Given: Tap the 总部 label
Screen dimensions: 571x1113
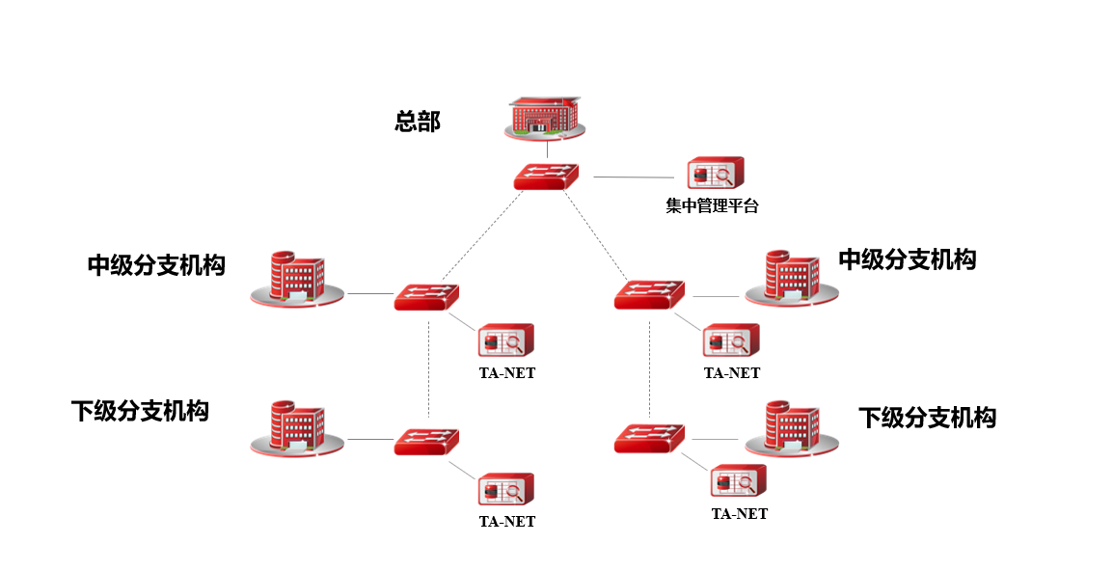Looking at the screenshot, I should click(x=418, y=122).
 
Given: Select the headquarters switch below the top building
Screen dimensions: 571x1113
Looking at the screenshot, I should click(x=546, y=176).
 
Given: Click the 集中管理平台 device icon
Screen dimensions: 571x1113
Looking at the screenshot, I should click(x=716, y=175).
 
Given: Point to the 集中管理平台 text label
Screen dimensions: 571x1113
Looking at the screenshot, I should click(x=713, y=205).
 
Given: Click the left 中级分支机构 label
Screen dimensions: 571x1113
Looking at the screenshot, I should click(x=156, y=265).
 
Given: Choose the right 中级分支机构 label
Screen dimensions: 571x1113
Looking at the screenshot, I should click(x=907, y=259).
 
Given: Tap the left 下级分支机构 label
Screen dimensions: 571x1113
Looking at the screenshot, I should click(x=140, y=411).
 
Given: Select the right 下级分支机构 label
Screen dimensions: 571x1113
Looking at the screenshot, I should click(x=927, y=417).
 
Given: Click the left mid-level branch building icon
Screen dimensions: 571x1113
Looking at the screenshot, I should click(x=297, y=279).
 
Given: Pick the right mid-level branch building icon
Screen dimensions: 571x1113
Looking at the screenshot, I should click(x=791, y=278).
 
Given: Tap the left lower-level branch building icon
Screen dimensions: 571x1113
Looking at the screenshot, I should click(x=297, y=426).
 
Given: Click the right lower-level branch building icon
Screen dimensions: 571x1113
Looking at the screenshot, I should click(x=791, y=427).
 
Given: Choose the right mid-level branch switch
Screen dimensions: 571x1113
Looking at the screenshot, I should click(x=649, y=294).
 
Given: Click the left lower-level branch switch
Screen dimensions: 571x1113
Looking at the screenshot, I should click(x=426, y=442).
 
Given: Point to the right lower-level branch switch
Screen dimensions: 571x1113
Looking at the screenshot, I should click(x=649, y=438).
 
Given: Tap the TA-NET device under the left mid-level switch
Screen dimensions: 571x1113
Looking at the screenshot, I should click(x=506, y=341).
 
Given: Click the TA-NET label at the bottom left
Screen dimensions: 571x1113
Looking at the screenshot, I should click(x=507, y=522).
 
